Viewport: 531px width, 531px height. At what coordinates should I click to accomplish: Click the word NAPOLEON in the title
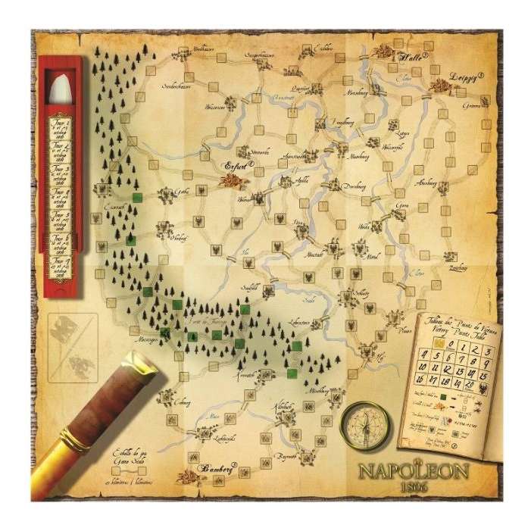click(x=414, y=471)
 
